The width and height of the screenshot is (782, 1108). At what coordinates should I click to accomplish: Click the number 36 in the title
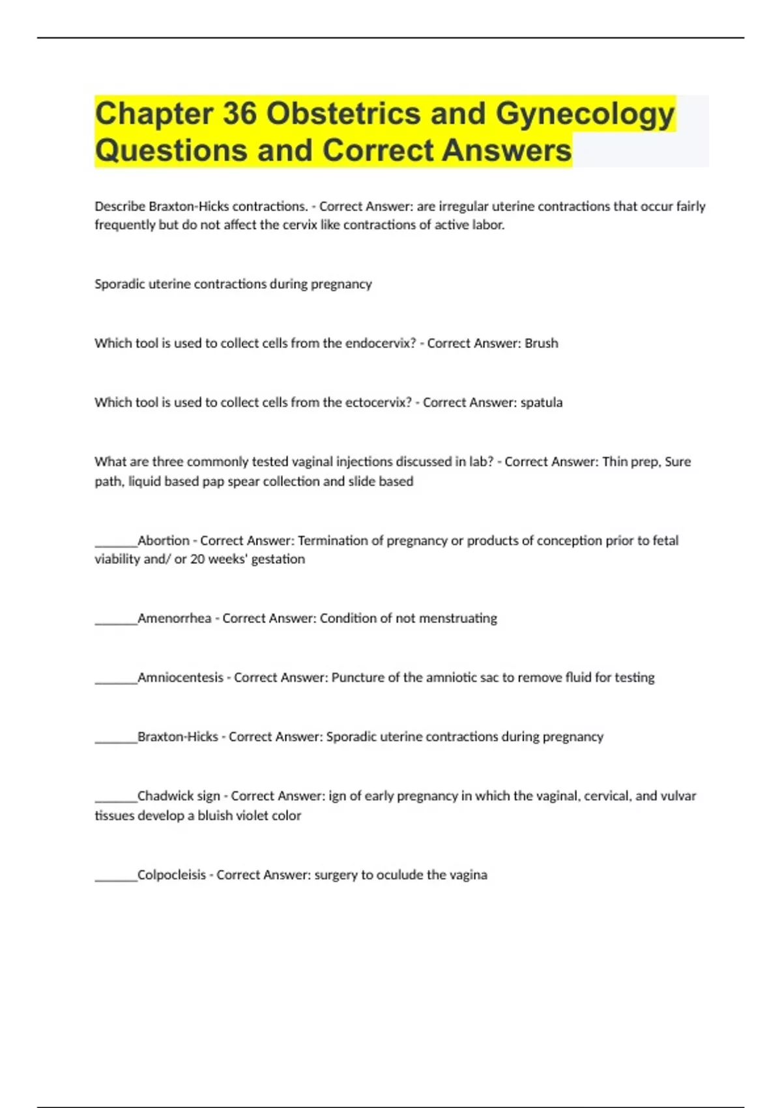(240, 113)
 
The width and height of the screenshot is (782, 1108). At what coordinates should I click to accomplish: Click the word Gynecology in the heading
(585, 115)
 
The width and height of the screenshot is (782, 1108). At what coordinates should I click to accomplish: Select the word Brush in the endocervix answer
(541, 343)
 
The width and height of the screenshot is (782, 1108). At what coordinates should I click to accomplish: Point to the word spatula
(542, 403)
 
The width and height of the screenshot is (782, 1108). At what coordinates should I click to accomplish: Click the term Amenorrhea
(174, 618)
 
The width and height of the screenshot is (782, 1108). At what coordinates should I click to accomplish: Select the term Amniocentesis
(180, 677)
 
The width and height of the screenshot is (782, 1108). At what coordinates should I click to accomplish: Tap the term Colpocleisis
(171, 875)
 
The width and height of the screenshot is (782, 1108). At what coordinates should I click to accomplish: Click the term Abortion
(163, 540)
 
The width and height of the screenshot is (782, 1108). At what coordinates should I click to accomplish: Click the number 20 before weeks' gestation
(197, 559)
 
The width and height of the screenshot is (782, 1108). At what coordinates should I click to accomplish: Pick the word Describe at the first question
(119, 207)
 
